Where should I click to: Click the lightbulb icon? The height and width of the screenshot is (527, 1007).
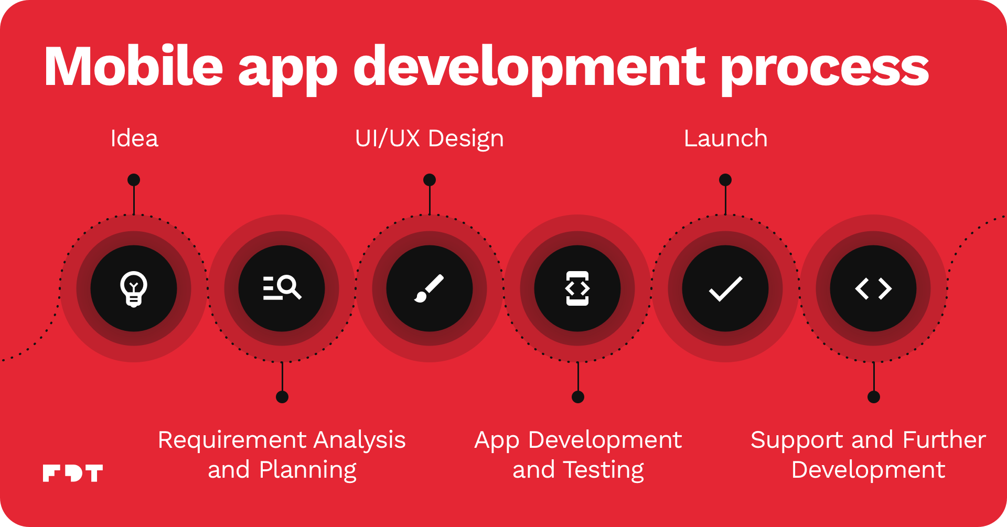tap(134, 289)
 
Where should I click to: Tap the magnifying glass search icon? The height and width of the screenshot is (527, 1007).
tap(282, 288)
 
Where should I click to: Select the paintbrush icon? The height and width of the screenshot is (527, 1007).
tap(429, 288)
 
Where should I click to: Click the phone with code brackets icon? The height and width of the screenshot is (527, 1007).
tap(577, 288)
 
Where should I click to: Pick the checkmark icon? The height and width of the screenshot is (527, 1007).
tap(725, 289)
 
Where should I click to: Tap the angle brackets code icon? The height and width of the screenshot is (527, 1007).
tap(873, 289)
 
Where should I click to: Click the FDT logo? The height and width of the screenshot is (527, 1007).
tap(73, 473)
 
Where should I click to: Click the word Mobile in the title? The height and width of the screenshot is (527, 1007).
tap(134, 67)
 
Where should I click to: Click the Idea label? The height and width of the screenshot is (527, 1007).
tap(134, 138)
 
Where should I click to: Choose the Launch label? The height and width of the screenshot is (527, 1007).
tap(726, 138)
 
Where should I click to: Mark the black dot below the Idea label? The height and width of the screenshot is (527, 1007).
tap(134, 180)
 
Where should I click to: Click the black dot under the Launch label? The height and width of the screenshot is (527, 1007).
tap(725, 180)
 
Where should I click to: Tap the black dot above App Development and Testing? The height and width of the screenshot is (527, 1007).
tap(578, 397)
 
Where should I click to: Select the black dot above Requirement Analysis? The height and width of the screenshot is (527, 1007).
tap(282, 397)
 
